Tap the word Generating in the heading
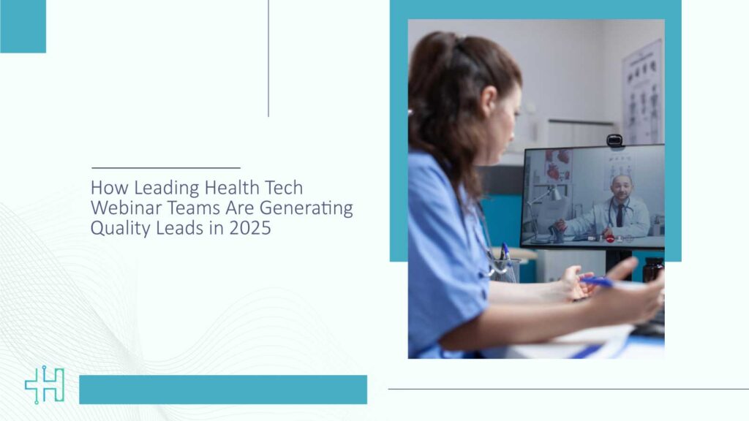306,208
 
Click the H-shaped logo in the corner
45,385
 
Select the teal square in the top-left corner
23,26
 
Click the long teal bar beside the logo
223,390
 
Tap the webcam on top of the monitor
614,141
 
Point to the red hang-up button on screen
610,238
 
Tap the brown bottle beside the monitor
652,270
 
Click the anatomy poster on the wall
643,92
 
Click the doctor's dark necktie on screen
620,216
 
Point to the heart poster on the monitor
558,165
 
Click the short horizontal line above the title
166,168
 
